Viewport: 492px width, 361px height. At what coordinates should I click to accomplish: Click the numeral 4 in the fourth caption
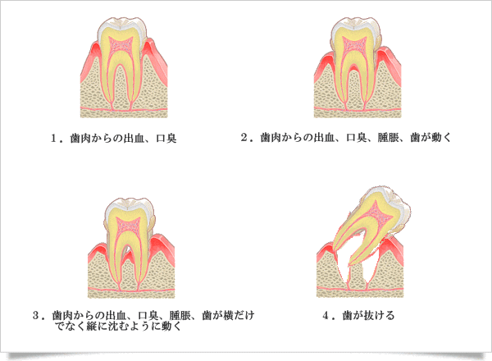coord(328,314)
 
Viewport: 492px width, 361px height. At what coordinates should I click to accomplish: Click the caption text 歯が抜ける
coord(365,314)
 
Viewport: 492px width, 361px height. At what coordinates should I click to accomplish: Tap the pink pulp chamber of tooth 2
coord(356,45)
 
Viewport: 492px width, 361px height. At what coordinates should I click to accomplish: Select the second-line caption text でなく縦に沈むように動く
coord(119,326)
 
